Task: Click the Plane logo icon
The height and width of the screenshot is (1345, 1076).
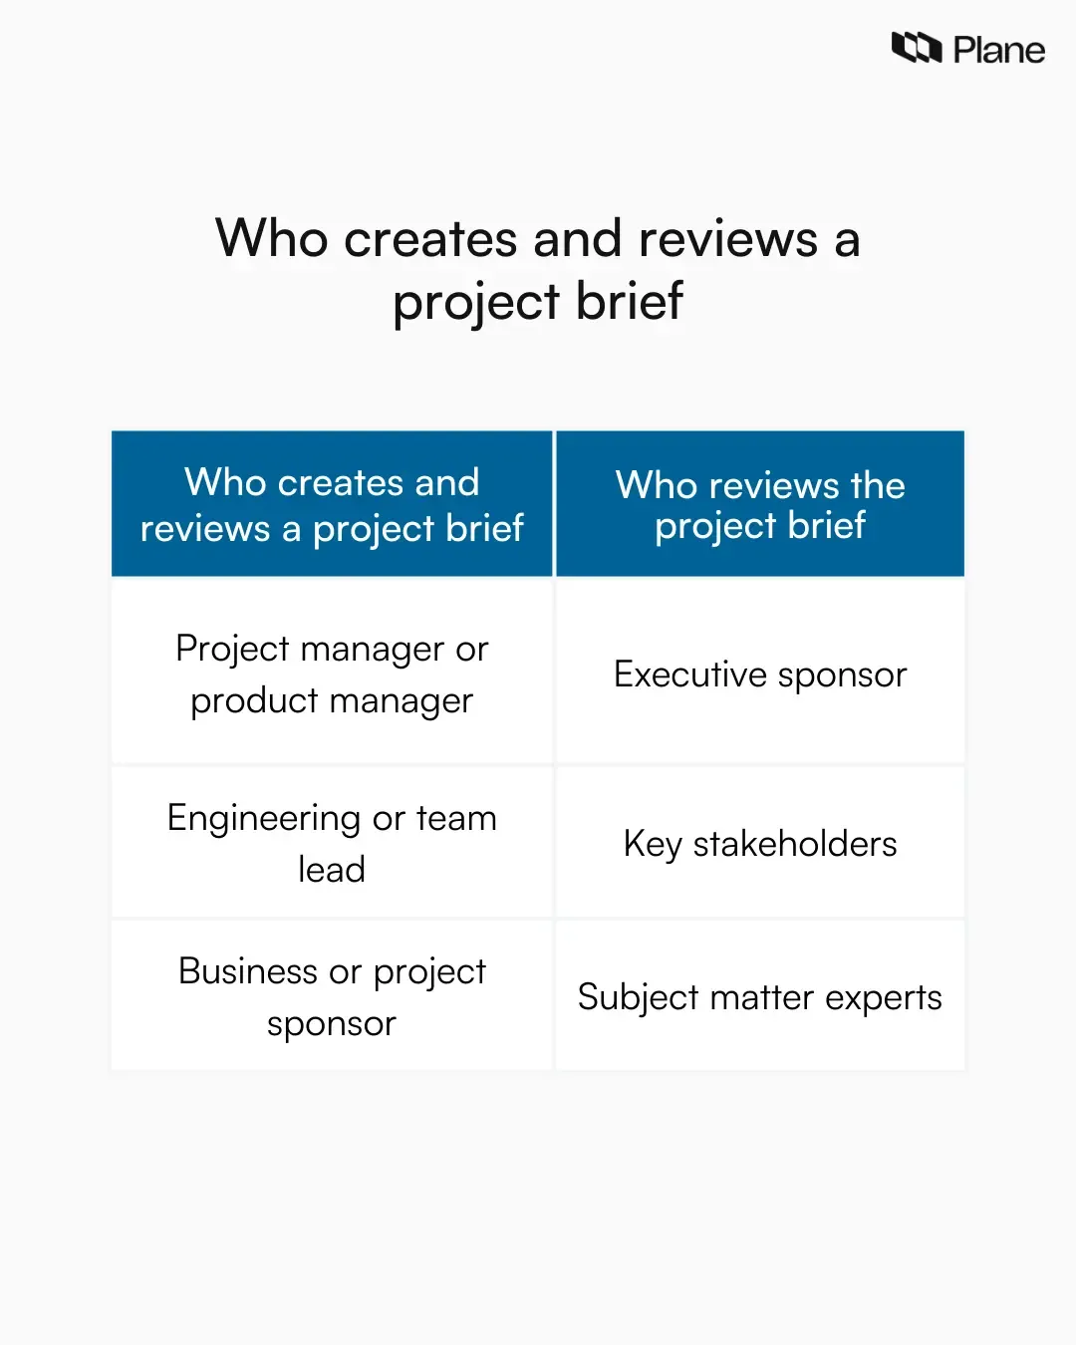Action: [x=916, y=48]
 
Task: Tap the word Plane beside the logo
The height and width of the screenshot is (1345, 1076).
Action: [x=998, y=50]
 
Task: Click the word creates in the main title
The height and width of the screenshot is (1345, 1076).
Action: [x=430, y=239]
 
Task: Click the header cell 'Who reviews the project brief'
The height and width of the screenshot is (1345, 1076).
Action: [x=760, y=504]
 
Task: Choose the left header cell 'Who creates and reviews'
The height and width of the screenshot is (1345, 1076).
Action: [x=332, y=504]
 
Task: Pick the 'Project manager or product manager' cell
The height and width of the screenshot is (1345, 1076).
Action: [x=332, y=674]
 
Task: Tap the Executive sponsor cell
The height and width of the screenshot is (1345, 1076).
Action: [x=760, y=674]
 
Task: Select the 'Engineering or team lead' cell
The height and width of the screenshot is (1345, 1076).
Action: [x=332, y=843]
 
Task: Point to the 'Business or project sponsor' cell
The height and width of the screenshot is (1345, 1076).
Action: [x=332, y=996]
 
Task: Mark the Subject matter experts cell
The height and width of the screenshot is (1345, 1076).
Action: [x=760, y=997]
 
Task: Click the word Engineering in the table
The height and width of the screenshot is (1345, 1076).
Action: [x=263, y=819]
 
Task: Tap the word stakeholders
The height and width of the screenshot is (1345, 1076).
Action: [x=795, y=844]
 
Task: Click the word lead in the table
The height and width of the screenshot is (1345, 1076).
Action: [x=332, y=870]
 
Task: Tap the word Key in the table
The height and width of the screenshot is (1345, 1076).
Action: [x=653, y=845]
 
